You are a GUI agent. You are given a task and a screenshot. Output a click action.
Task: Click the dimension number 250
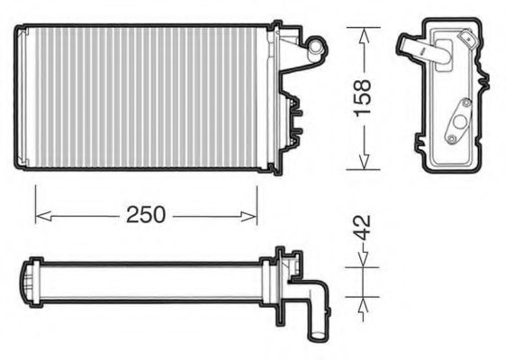coord(146,215)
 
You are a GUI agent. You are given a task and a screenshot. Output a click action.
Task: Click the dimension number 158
coord(362,98)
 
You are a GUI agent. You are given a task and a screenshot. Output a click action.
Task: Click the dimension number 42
coord(362,228)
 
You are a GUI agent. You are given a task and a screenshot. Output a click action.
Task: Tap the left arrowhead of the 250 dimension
coord(43,216)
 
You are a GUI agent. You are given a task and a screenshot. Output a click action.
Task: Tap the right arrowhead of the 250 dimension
coord(248,217)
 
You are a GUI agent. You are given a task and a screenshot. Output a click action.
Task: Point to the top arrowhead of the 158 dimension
coord(364,36)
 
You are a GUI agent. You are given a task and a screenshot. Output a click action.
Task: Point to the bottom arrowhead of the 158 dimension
coord(364,161)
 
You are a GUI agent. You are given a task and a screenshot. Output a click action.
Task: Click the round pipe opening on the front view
coord(316,47)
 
